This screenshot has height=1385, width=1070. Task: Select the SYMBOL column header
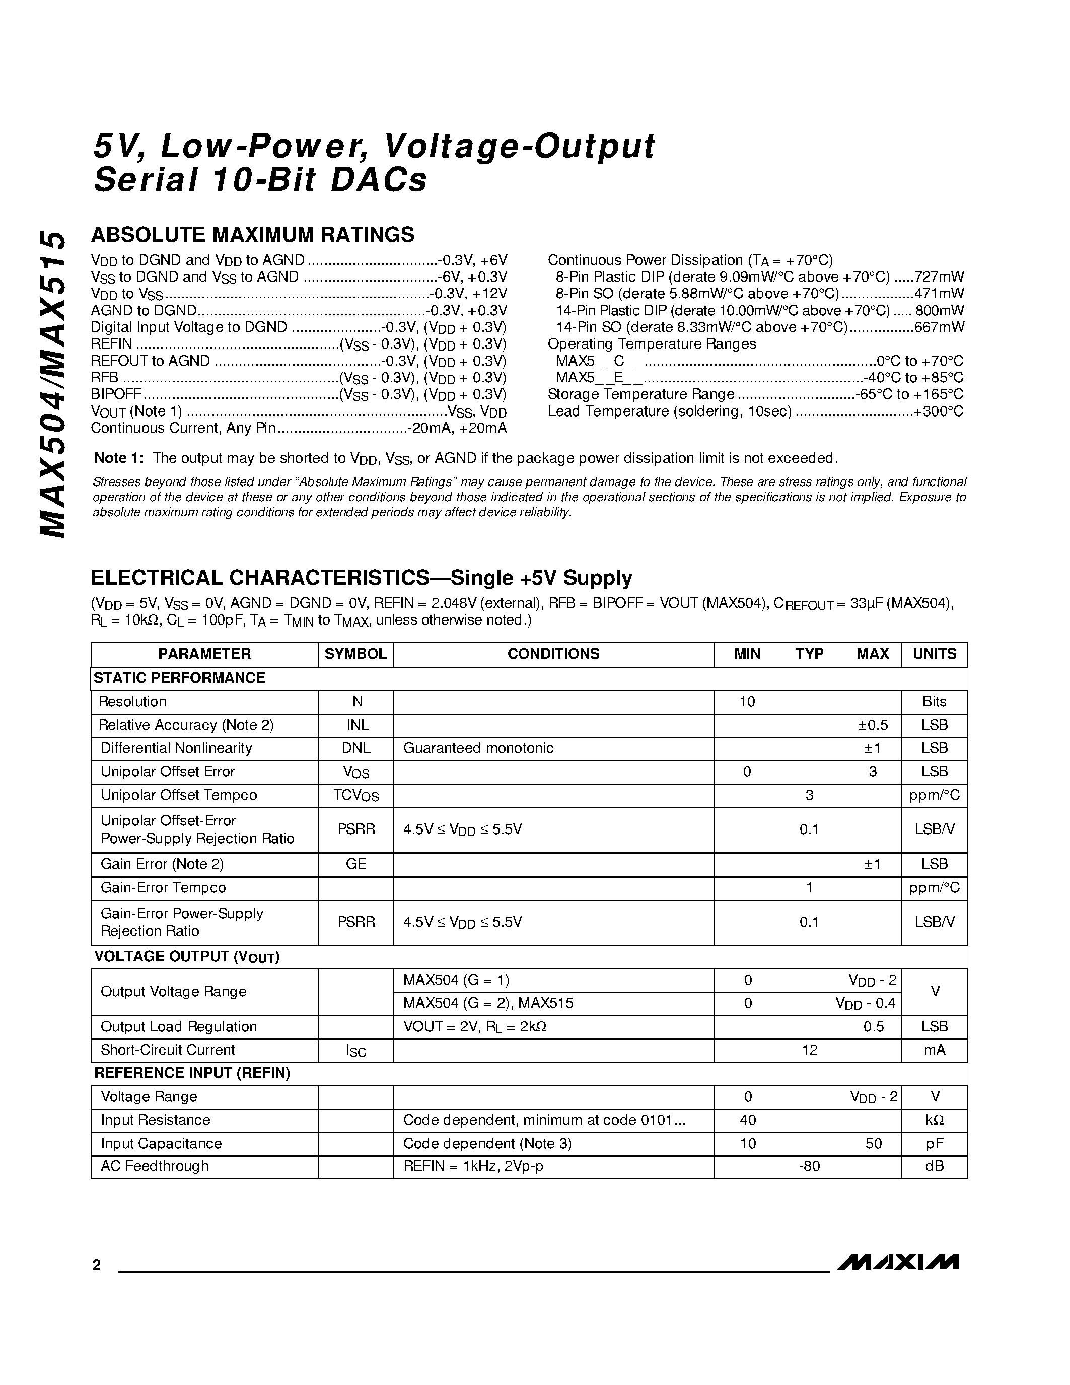tap(355, 654)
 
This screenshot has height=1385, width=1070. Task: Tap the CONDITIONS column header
tap(553, 654)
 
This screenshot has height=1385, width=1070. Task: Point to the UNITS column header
tap(935, 654)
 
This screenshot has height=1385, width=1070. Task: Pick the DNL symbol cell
tap(356, 748)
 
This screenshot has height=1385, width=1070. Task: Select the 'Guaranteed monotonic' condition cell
tap(478, 748)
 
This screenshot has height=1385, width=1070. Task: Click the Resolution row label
tap(132, 702)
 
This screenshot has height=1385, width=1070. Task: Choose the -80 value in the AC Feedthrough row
tap(810, 1166)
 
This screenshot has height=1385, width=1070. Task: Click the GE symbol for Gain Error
tap(356, 864)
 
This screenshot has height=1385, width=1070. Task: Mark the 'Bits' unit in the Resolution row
tap(935, 702)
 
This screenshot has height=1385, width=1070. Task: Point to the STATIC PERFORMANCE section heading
tap(179, 678)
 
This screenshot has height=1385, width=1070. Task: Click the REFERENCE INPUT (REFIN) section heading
tap(192, 1072)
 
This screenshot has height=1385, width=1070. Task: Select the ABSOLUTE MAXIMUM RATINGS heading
tap(253, 235)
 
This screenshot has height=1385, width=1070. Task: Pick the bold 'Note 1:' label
tap(119, 458)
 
